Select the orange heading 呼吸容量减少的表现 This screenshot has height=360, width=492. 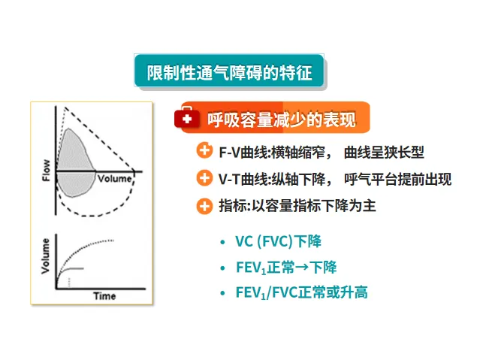click(x=281, y=119)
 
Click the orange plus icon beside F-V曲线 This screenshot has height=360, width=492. click(x=204, y=152)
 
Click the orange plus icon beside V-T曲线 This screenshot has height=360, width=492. click(x=204, y=178)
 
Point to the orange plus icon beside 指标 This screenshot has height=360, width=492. click(x=204, y=205)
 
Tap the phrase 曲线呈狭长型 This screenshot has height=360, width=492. click(x=383, y=153)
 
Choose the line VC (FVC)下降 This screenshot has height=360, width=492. click(x=278, y=242)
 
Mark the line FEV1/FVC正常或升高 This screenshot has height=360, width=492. click(x=301, y=292)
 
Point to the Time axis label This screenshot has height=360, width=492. click(x=104, y=296)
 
